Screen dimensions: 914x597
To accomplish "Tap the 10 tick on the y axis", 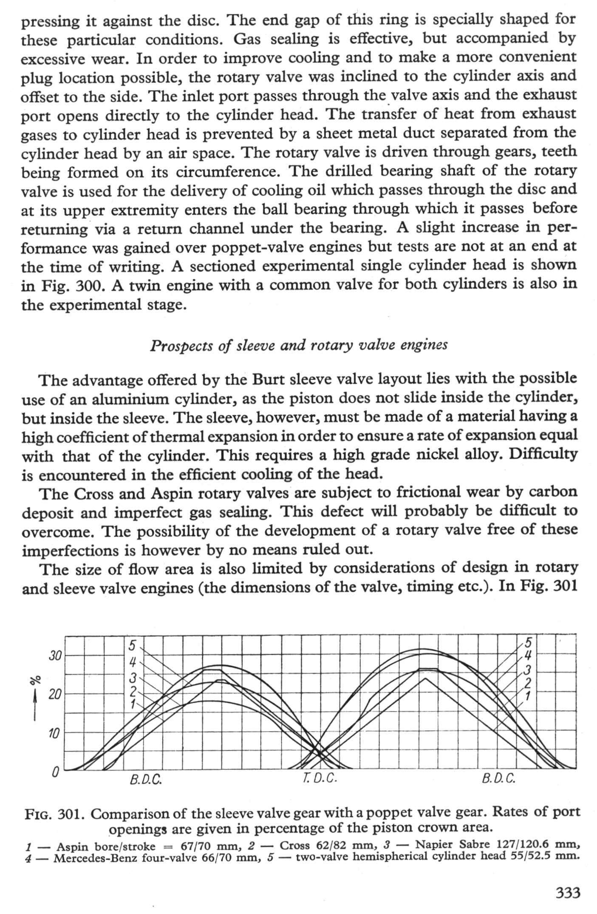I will coord(54,733).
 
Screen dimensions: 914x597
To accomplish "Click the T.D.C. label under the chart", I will coord(320,778).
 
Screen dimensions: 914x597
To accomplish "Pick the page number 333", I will coord(568,892).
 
